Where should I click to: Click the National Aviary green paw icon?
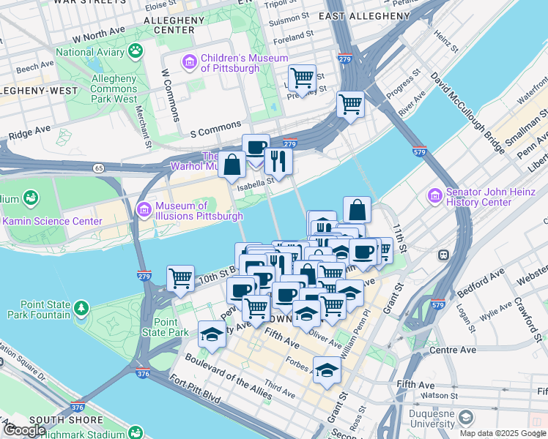point(136,50)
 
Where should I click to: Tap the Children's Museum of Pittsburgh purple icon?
point(190,61)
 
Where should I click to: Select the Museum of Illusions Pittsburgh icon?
point(144,210)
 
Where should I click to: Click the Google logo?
point(24,430)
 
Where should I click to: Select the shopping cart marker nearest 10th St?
point(180,278)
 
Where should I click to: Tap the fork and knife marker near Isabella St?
point(278,160)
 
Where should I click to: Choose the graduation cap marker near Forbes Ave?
point(327,369)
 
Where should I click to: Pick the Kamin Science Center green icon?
point(30,198)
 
